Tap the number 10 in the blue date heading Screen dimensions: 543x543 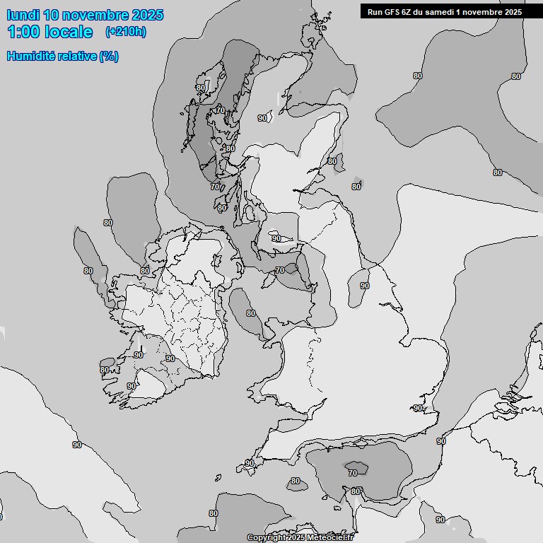(x=51, y=15)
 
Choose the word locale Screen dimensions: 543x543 (x=68, y=32)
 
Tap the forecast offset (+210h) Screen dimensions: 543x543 (x=125, y=32)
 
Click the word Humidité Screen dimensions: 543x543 (x=30, y=56)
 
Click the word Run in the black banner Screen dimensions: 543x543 (x=375, y=11)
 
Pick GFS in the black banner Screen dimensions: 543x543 (x=392, y=11)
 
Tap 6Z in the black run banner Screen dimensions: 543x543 (x=409, y=11)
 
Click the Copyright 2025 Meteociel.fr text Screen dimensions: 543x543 (x=300, y=537)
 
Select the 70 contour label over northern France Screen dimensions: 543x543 (x=352, y=473)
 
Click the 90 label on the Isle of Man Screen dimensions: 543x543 (x=276, y=239)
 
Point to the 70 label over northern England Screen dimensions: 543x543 (x=279, y=270)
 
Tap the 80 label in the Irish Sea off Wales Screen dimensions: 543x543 (x=250, y=313)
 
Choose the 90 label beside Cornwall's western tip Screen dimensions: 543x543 (x=249, y=463)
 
